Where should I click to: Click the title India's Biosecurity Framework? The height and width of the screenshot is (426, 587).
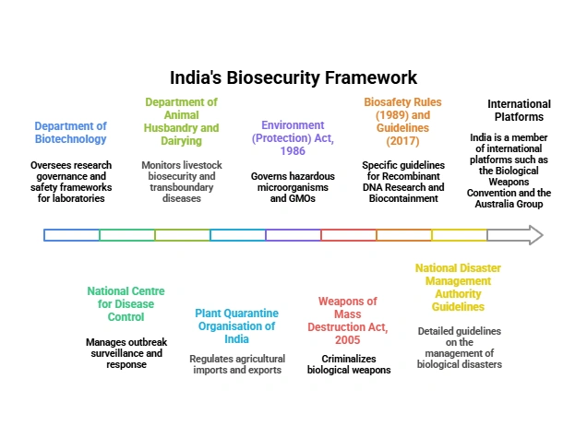(x=293, y=77)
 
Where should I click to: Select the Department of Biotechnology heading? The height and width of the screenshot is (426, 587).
(x=70, y=133)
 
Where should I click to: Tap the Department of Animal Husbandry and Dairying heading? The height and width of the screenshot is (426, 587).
(x=181, y=122)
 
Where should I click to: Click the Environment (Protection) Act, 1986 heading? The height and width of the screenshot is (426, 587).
(x=293, y=138)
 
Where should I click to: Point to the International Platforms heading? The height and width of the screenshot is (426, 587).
(x=519, y=111)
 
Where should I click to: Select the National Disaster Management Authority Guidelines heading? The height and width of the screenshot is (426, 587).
(x=459, y=288)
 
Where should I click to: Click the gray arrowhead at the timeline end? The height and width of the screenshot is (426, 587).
(x=533, y=235)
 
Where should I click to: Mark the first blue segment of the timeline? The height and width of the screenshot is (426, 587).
(x=72, y=235)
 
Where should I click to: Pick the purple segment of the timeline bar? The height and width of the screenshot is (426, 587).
(x=293, y=235)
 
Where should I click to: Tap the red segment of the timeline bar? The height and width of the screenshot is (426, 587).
(x=349, y=235)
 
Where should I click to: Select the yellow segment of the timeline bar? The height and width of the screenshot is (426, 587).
(x=460, y=235)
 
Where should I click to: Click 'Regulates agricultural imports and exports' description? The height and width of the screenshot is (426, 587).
(x=237, y=364)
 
